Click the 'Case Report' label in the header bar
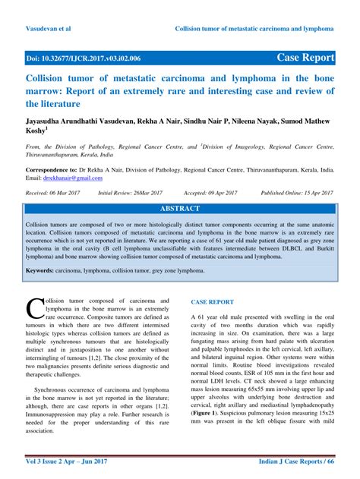tap(306, 57)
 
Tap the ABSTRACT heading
tap(180, 208)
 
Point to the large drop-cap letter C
tap(35, 307)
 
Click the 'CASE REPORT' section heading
tap(212, 301)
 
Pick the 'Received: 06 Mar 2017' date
tap(55, 194)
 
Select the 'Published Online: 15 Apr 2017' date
tap(298, 194)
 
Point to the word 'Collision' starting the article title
tap(47, 78)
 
